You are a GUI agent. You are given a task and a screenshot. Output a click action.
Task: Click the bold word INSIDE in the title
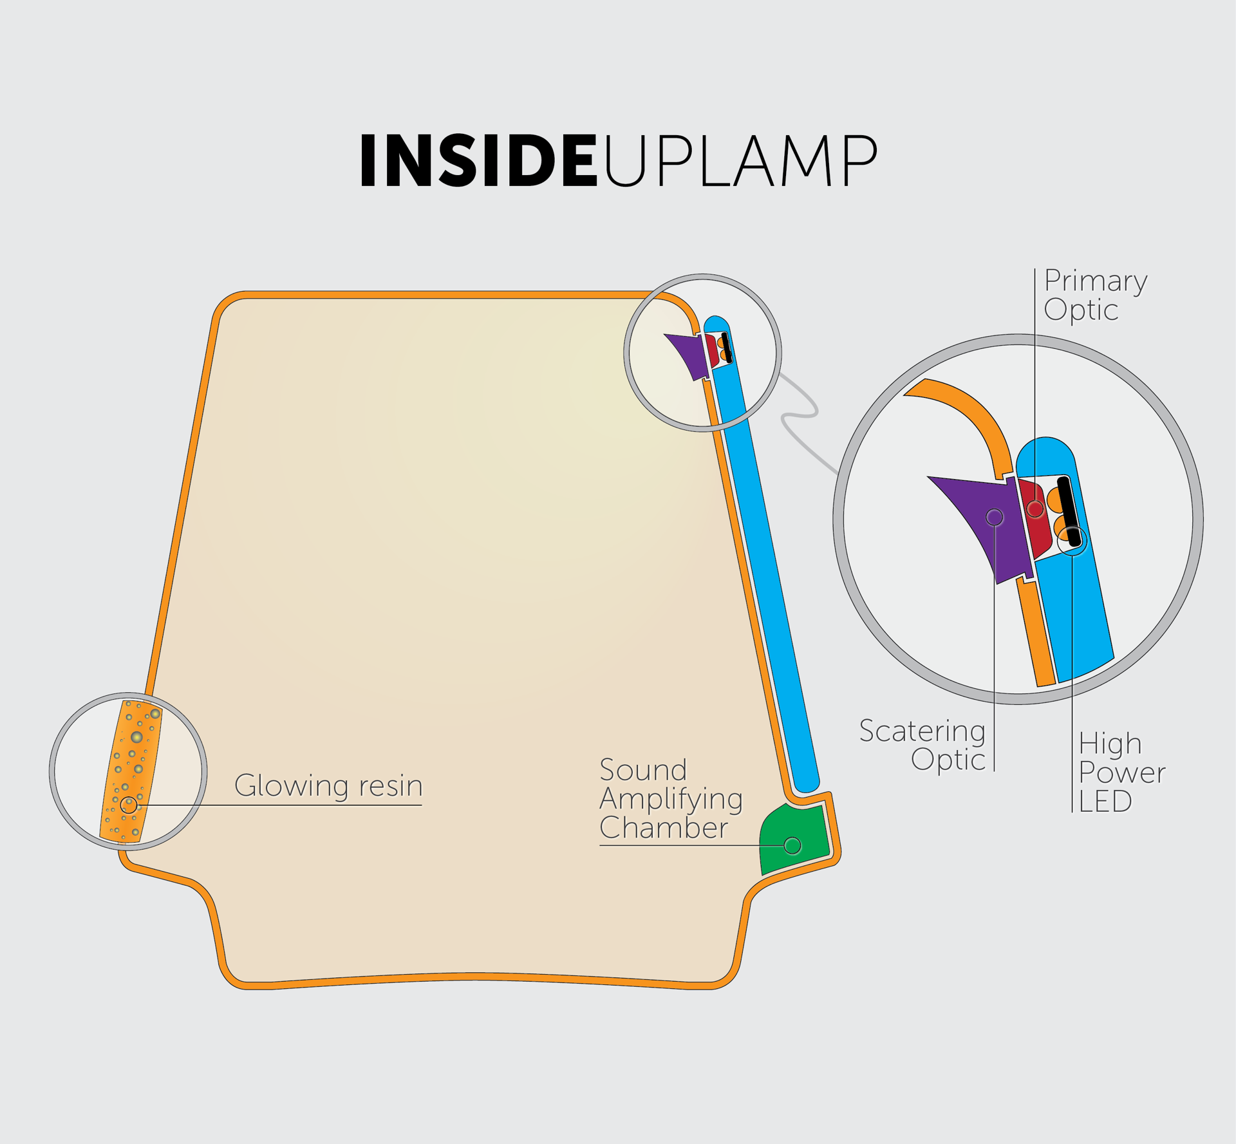pyautogui.click(x=479, y=161)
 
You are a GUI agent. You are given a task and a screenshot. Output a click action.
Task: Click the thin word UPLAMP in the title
pyautogui.click(x=740, y=161)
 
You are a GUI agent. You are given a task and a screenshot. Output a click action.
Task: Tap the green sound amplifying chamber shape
pyautogui.click(x=794, y=838)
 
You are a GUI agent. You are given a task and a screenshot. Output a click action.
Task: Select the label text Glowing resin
pyautogui.click(x=328, y=786)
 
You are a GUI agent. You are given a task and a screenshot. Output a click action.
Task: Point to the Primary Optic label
pyautogui.click(x=1096, y=295)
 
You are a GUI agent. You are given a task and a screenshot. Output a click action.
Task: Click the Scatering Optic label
pyautogui.click(x=922, y=745)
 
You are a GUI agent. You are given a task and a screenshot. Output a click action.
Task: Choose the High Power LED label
pyautogui.click(x=1122, y=773)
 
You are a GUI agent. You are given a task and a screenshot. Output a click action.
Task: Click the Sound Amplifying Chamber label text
pyautogui.click(x=671, y=799)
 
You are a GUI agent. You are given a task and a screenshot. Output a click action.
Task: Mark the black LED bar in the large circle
pyautogui.click(x=1069, y=512)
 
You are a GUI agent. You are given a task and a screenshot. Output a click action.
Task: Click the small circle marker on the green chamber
pyautogui.click(x=792, y=845)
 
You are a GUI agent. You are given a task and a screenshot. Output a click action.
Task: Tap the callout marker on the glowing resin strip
pyautogui.click(x=129, y=805)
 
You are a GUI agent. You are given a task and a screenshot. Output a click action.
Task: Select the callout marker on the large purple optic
pyautogui.click(x=995, y=517)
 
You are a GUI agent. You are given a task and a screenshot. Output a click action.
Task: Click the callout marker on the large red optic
pyautogui.click(x=1035, y=509)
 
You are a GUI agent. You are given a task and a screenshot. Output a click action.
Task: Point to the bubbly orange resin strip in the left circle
pyautogui.click(x=131, y=771)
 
